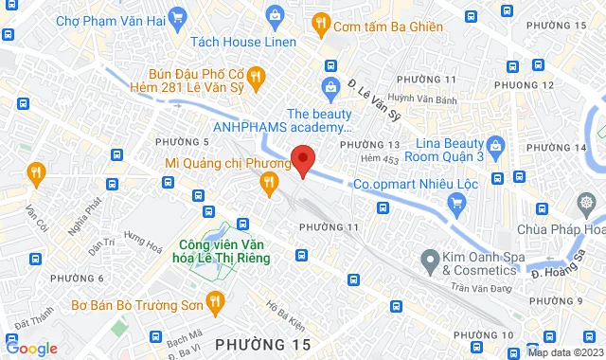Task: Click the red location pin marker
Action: click(x=302, y=159)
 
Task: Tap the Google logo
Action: click(x=31, y=349)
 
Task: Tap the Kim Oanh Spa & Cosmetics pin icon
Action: click(x=429, y=258)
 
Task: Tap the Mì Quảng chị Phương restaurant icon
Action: click(x=269, y=181)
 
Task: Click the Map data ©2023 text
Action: click(x=563, y=352)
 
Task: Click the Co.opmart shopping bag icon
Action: click(x=458, y=201)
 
